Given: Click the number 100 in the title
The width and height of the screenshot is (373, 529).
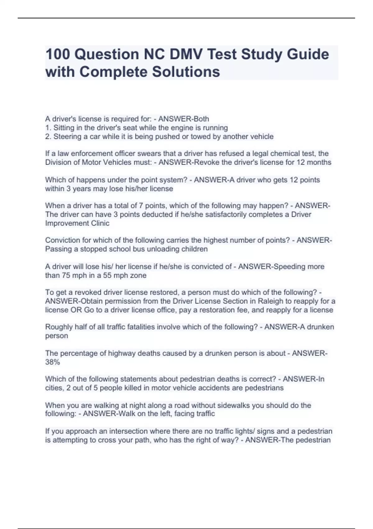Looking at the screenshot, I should [57, 54].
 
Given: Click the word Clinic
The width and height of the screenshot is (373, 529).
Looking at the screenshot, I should [100, 223].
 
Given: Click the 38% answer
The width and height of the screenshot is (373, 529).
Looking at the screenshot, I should [53, 362].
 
